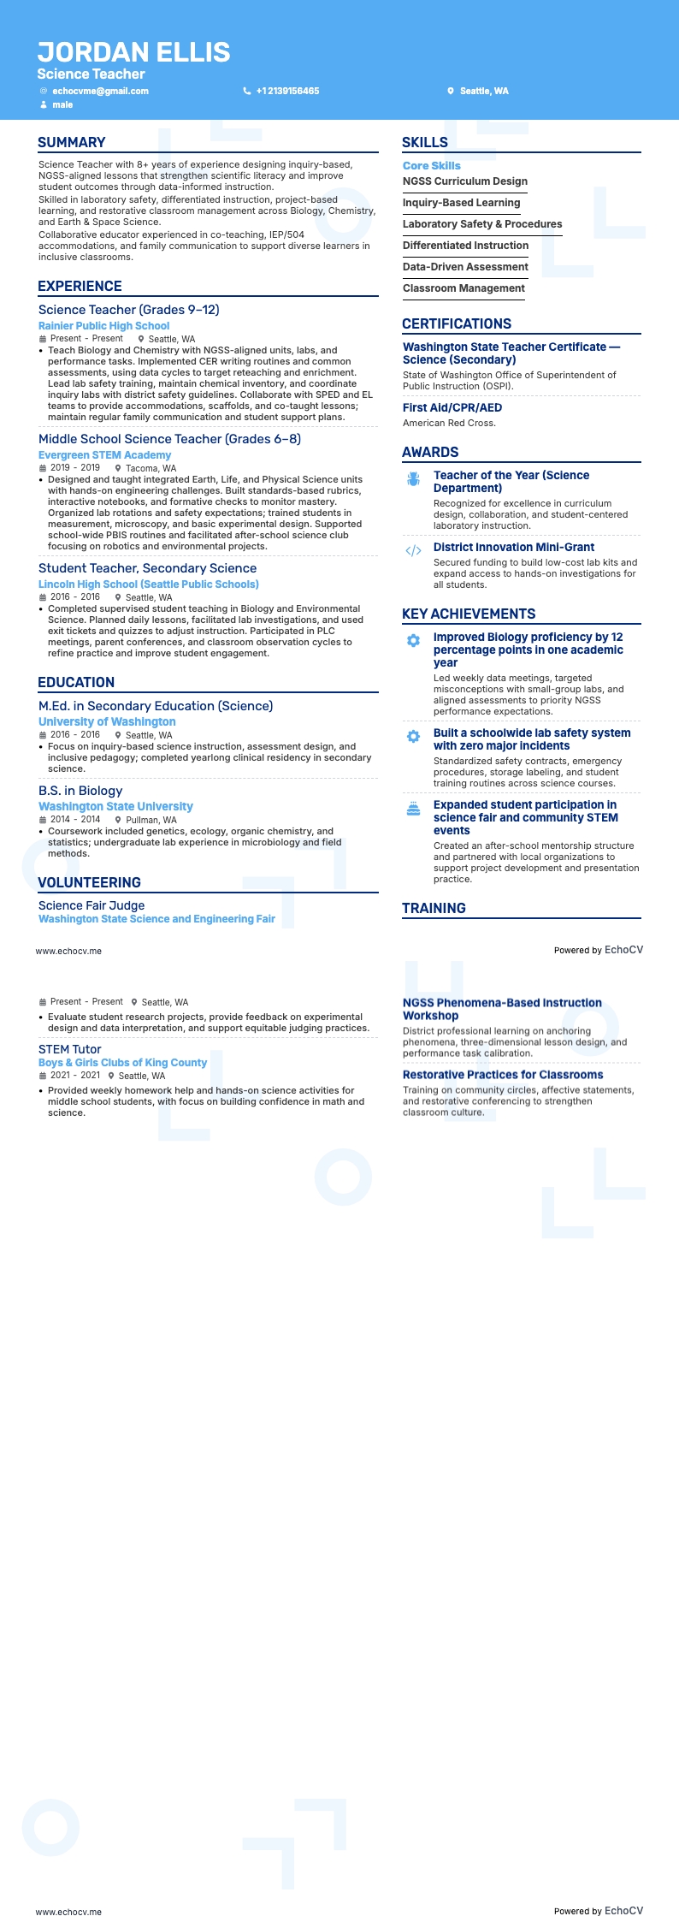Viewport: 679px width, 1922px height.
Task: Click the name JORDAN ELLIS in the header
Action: [133, 52]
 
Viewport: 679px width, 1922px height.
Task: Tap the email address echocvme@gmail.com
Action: [100, 91]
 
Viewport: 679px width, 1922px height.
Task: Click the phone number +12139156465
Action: [287, 91]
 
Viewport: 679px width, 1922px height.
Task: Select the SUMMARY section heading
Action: [72, 143]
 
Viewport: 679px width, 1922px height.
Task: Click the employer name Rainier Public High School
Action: [103, 326]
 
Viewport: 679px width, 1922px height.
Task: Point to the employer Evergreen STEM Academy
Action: [104, 455]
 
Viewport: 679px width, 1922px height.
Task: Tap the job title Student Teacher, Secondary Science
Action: [147, 568]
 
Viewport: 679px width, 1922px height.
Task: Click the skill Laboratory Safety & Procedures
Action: [482, 224]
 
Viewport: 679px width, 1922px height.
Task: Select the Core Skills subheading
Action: [432, 166]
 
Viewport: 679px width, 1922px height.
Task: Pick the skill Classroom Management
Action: [463, 288]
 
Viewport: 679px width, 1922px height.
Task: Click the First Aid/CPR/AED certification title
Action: [452, 408]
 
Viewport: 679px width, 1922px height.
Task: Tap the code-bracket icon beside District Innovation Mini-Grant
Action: [413, 551]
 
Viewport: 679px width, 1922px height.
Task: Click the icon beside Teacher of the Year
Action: [413, 479]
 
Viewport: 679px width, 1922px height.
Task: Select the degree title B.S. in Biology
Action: [80, 791]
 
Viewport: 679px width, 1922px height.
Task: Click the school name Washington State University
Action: [115, 807]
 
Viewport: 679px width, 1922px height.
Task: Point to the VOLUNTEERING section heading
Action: [89, 883]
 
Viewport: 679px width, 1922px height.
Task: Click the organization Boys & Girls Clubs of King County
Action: [122, 1063]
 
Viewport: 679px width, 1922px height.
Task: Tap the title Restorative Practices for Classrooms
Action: [503, 1075]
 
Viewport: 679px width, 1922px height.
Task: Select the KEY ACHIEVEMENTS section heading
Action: [469, 614]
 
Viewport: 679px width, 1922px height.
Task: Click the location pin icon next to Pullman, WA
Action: [119, 820]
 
